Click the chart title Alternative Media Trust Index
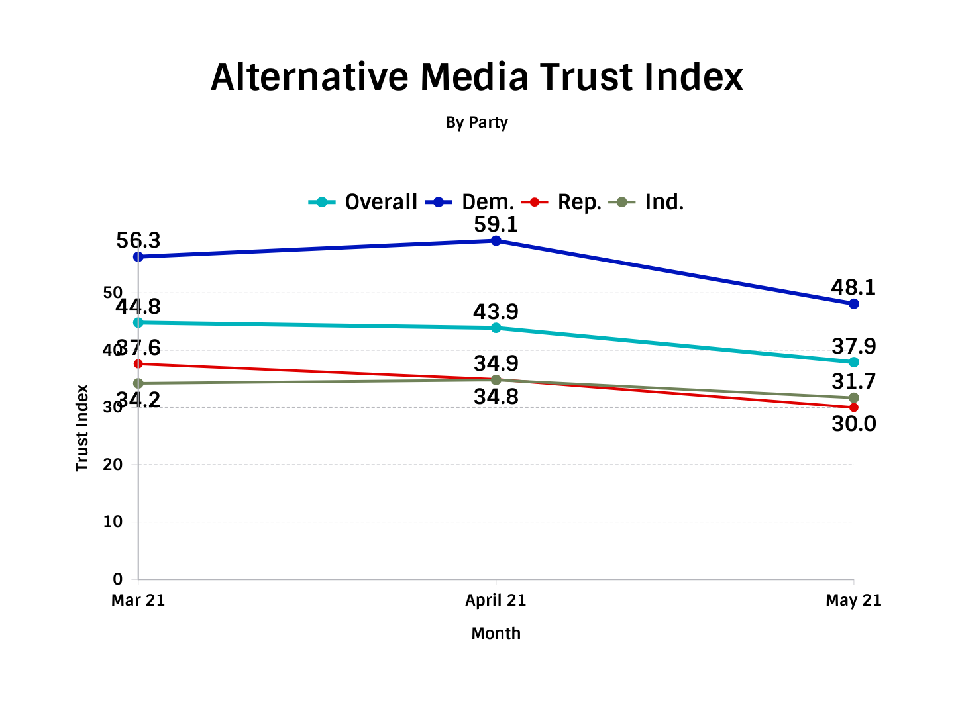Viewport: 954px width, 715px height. coord(477,77)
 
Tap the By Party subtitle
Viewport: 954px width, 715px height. coord(477,122)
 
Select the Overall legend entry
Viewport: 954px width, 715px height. coord(364,202)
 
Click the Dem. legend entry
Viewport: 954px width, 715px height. coord(470,202)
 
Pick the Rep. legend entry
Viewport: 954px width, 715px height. coord(562,202)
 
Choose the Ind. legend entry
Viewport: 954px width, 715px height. coord(647,202)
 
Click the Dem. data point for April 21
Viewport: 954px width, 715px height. coord(496,241)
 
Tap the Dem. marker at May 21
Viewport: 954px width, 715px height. coord(853,304)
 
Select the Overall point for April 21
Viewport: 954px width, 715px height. coord(496,328)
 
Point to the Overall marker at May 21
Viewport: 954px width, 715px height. coord(853,362)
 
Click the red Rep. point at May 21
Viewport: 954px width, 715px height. coord(853,407)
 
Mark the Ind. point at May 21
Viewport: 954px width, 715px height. coord(853,398)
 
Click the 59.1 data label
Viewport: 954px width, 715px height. coord(496,224)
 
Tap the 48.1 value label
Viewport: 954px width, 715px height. coord(853,287)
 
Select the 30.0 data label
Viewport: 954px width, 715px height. coord(853,424)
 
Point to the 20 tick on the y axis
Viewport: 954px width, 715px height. coord(113,465)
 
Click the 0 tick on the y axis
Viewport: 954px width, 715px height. coord(117,579)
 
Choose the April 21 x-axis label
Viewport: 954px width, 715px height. coord(496,600)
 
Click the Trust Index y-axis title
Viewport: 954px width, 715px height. coord(82,428)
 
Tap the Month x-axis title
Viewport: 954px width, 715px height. coord(496,634)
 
